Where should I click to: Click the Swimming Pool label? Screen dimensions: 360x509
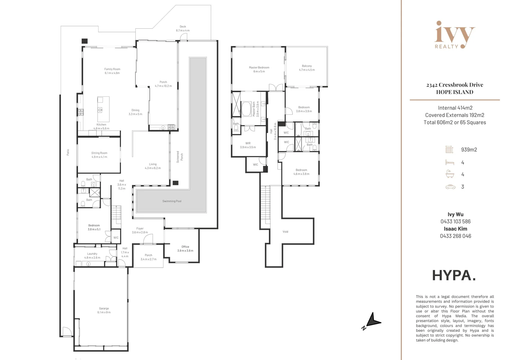click(x=172, y=201)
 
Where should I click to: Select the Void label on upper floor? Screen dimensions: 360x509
click(x=285, y=232)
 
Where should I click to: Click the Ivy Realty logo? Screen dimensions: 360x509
click(x=455, y=35)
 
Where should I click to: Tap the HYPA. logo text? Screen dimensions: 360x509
click(x=454, y=275)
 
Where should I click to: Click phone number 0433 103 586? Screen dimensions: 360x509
click(x=455, y=222)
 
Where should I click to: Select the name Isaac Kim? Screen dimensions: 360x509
click(x=455, y=229)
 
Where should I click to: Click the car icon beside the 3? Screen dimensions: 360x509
click(x=450, y=187)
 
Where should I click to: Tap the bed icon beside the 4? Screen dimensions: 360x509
click(x=450, y=162)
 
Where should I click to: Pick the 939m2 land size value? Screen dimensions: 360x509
click(x=469, y=150)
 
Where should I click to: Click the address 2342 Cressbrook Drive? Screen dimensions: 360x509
click(x=455, y=85)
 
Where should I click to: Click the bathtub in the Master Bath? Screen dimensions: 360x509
click(x=247, y=109)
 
